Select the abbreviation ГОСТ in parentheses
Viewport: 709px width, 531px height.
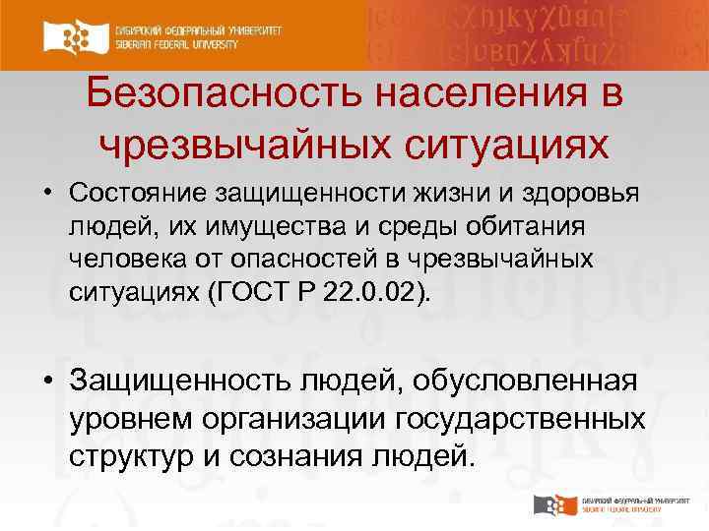click(262, 292)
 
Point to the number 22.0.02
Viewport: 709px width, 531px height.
click(379, 292)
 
